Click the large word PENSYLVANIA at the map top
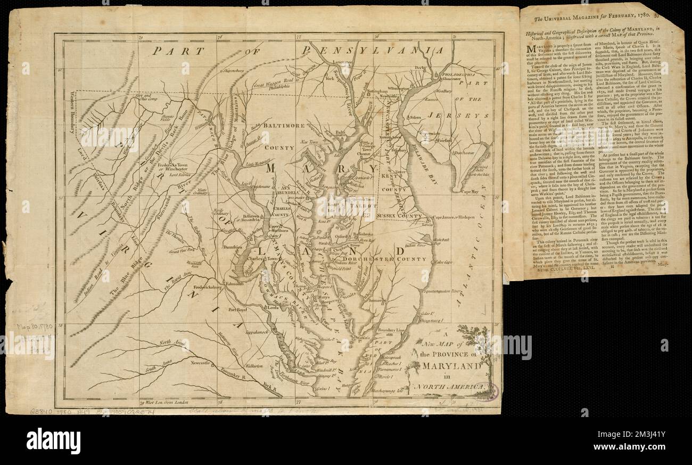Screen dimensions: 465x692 coord(373,50)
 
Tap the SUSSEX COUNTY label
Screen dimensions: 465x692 coord(399,216)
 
